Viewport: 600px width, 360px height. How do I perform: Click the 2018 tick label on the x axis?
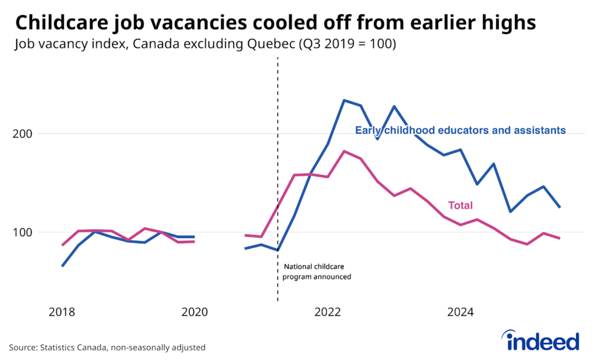(x=62, y=313)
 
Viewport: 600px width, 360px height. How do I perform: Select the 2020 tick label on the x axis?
(x=195, y=313)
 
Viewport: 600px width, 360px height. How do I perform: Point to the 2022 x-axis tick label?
(x=328, y=313)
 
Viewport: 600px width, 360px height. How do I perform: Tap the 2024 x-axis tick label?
(x=461, y=313)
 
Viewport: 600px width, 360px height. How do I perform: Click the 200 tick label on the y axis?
(x=23, y=134)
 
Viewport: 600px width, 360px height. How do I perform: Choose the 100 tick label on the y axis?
(x=23, y=232)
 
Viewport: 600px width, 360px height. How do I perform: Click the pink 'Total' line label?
(x=461, y=205)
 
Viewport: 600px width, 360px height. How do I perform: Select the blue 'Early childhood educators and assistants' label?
(x=461, y=130)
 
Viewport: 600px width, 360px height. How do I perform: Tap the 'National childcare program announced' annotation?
(x=316, y=271)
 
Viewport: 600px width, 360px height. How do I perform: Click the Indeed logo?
(x=540, y=341)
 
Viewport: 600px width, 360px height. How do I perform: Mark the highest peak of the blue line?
(x=344, y=100)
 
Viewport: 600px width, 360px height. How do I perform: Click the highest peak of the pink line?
(x=344, y=151)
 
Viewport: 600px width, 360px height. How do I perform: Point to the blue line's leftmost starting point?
(x=62, y=266)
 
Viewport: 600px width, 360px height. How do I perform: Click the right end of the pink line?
(x=560, y=238)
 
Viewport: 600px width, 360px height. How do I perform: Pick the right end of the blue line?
(x=560, y=207)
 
